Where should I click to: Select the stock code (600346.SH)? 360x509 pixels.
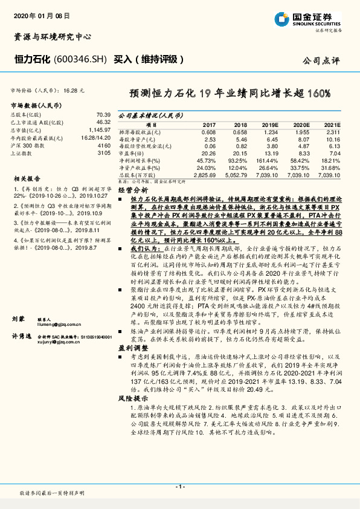pos(81,59)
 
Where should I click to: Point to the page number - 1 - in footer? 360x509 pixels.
pos(180,486)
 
